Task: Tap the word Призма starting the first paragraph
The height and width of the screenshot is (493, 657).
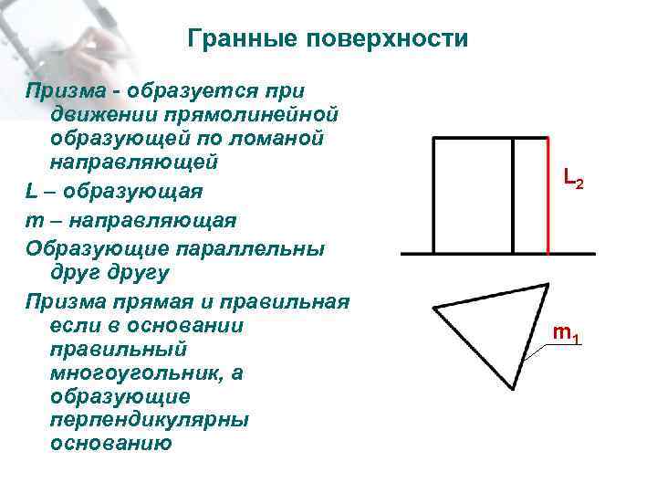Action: pyautogui.click(x=64, y=91)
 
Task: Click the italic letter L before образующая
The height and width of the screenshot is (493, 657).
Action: pyautogui.click(x=32, y=194)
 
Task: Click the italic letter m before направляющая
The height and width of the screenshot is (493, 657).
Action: pyautogui.click(x=35, y=221)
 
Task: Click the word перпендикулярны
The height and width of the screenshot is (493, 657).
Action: pyautogui.click(x=151, y=420)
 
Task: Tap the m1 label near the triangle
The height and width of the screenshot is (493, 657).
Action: pyautogui.click(x=567, y=335)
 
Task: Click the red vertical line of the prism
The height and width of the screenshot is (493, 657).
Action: pyautogui.click(x=547, y=195)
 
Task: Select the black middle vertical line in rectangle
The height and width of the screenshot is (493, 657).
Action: pyautogui.click(x=514, y=195)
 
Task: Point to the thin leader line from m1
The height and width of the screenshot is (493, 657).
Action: pyautogui.click(x=538, y=348)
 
